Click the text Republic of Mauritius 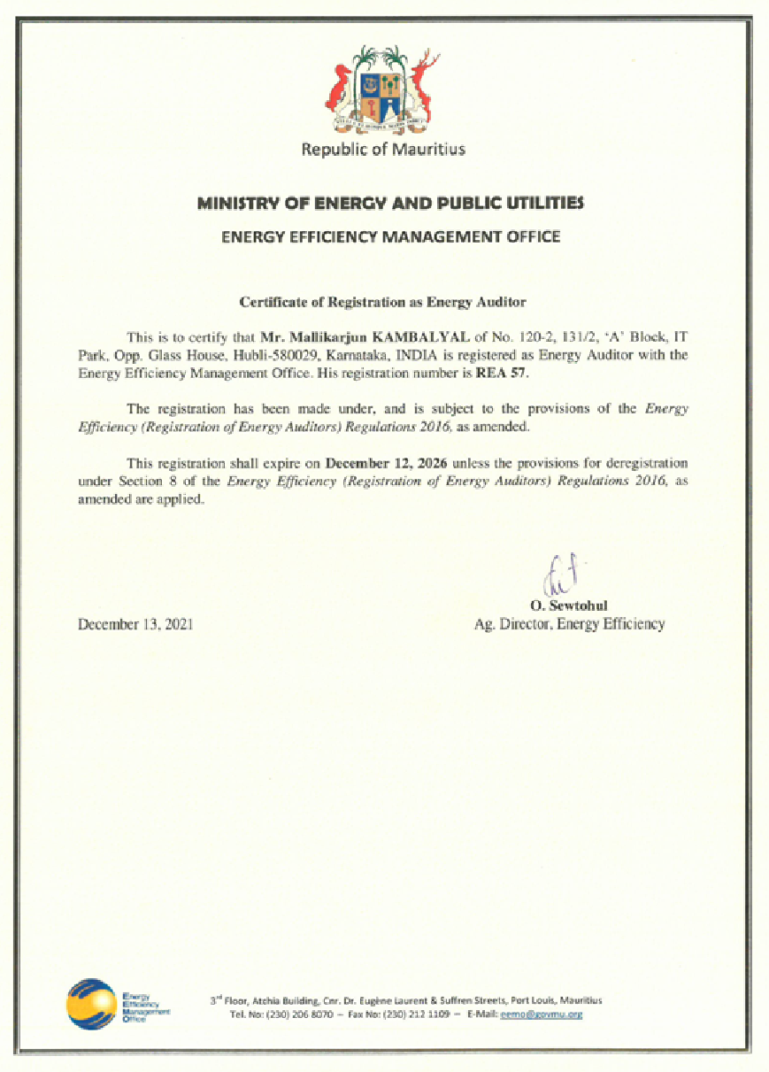coord(383,149)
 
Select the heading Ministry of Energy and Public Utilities coord(390,204)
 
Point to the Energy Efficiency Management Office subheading coord(390,236)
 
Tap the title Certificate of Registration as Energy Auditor coord(383,302)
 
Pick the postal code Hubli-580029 coord(265,355)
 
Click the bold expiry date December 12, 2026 coord(387,463)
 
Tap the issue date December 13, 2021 coord(135,624)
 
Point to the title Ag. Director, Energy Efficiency coord(570,624)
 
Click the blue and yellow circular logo coord(91,1004)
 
